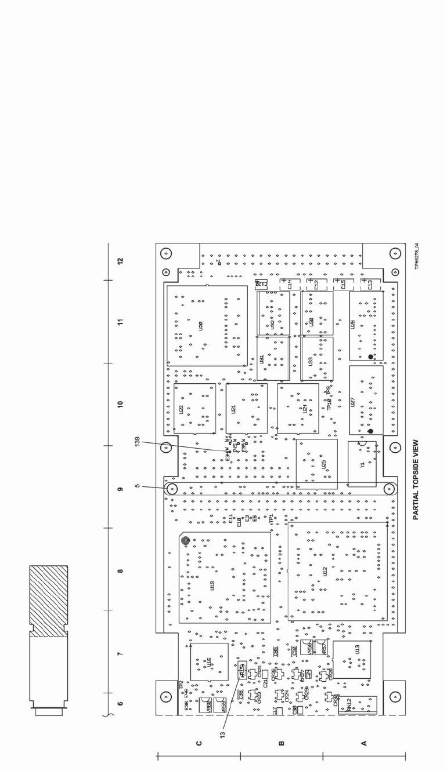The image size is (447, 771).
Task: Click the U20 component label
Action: (x=201, y=326)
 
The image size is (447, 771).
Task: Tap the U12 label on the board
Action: (x=325, y=571)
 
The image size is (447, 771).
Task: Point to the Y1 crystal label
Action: (x=362, y=464)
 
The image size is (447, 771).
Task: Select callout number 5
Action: (x=137, y=486)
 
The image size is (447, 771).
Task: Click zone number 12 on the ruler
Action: (x=120, y=261)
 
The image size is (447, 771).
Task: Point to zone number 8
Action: (x=120, y=571)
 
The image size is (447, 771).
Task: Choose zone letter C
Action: (x=199, y=743)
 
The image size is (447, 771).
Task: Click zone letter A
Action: (x=365, y=743)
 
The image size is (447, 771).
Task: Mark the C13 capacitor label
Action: (x=370, y=285)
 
